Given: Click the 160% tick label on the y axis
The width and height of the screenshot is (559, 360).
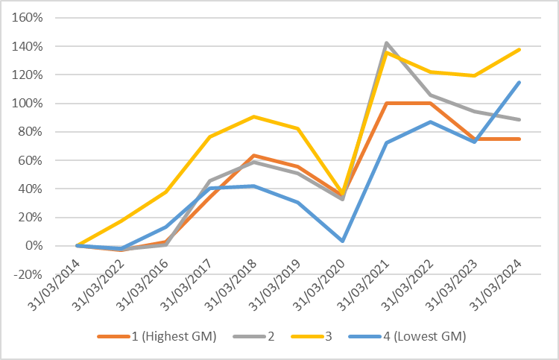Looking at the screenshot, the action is click(x=27, y=17).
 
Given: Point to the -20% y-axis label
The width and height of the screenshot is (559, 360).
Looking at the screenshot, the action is click(x=27, y=274).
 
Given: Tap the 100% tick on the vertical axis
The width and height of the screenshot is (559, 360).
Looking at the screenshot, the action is click(x=27, y=104).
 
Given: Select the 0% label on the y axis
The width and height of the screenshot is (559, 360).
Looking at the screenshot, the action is click(x=34, y=245).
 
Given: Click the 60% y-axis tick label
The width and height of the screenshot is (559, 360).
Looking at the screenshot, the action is click(x=31, y=160).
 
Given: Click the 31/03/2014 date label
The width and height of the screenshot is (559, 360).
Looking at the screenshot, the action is click(x=54, y=285).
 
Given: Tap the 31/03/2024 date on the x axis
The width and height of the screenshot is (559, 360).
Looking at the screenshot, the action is click(x=495, y=285).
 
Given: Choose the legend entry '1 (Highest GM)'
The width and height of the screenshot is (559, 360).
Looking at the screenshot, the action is click(x=157, y=336).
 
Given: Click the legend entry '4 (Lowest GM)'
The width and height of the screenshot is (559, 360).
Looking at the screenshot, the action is click(x=407, y=336).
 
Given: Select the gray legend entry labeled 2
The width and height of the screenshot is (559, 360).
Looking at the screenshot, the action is click(x=253, y=336).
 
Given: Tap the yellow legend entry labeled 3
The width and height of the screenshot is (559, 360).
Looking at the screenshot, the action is click(x=312, y=336).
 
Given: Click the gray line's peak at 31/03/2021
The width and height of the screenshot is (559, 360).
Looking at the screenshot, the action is click(x=386, y=43).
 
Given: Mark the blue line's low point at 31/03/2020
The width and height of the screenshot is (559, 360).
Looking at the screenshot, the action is click(x=342, y=241).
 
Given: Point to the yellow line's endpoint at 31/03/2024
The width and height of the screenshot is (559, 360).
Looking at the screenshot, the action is click(x=519, y=49).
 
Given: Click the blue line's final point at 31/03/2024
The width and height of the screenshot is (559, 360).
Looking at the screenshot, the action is click(x=519, y=82).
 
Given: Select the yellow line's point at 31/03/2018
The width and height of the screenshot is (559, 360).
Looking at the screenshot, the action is click(x=254, y=116).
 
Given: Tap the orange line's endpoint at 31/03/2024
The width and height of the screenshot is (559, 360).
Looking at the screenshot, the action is click(x=519, y=139).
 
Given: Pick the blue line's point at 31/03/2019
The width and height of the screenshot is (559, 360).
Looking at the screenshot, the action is click(x=298, y=203).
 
